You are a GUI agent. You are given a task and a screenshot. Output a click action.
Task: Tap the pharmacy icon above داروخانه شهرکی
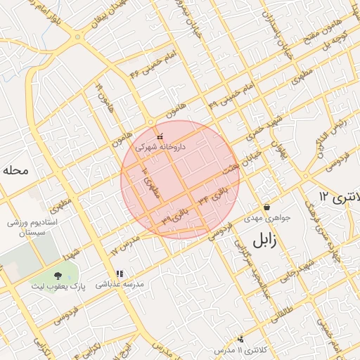click(160, 136)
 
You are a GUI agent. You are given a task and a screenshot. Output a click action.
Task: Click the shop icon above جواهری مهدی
click(266, 207)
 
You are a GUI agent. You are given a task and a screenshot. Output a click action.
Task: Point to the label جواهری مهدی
click(267, 218)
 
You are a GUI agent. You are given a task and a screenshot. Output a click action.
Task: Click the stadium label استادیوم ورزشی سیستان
click(27, 227)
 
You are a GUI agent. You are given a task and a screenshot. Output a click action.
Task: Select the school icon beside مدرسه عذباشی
click(119, 274)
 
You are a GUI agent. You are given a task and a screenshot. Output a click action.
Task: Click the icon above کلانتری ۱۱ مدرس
click(241, 339)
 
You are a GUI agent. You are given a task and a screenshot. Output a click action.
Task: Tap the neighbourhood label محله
click(15, 169)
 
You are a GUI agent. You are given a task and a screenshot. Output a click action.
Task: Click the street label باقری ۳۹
click(176, 214)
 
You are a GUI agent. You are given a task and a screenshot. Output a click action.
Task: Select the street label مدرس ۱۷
click(126, 244)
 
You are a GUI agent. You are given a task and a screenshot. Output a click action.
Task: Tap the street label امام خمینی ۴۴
click(153, 63)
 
